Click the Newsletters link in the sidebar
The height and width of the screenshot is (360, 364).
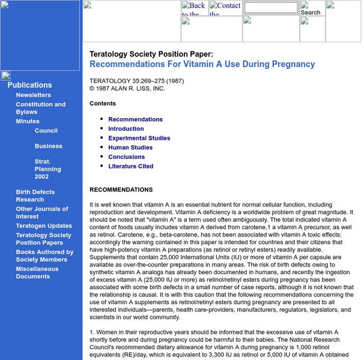tap(33, 95)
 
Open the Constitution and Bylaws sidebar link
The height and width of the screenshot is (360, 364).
tap(40, 108)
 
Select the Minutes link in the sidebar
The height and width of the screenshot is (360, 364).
tap(28, 121)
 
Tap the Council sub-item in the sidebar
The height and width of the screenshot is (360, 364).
tap(46, 130)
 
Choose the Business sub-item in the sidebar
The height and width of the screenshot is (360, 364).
tap(48, 146)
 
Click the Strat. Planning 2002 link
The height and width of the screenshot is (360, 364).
tap(47, 169)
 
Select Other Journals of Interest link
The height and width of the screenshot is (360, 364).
tap(41, 212)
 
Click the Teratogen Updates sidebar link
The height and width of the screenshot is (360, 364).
tap(44, 226)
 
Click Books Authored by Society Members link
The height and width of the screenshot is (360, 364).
tap(44, 256)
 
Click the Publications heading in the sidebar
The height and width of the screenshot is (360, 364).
tap(29, 85)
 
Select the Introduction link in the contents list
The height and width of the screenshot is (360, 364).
tap(126, 128)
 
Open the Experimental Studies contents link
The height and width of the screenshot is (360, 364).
tap(139, 138)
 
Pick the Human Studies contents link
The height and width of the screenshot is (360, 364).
tap(130, 147)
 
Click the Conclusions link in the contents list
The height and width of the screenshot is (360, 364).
tap(126, 157)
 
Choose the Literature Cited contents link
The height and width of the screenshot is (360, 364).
tap(130, 166)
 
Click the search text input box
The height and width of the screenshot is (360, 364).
tap(270, 8)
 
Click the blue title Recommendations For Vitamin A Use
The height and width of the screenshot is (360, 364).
tap(202, 64)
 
